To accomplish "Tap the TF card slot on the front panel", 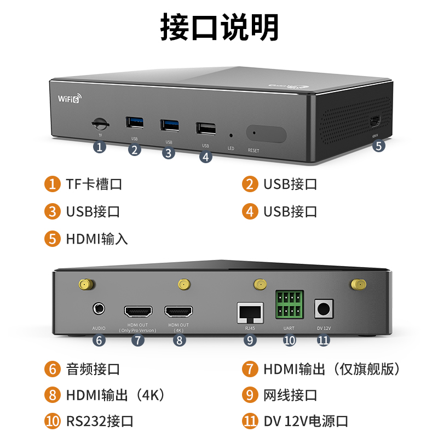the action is [100, 122].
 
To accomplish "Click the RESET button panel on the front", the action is [266, 134].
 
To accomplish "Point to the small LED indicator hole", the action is [230, 135].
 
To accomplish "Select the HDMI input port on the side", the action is [376, 121].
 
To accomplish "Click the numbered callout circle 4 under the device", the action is [205, 157].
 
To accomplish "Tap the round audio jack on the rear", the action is [99, 309].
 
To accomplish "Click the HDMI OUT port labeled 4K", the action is [178, 312].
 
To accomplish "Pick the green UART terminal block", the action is [289, 306].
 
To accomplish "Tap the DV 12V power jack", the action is [323, 309].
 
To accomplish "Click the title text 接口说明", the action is [219, 26].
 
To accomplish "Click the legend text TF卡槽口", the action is [94, 184].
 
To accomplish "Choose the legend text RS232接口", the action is [100, 422].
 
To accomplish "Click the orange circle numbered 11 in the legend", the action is [250, 422].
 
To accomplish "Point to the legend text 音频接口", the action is [93, 369].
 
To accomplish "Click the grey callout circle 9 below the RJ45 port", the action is [250, 340].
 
